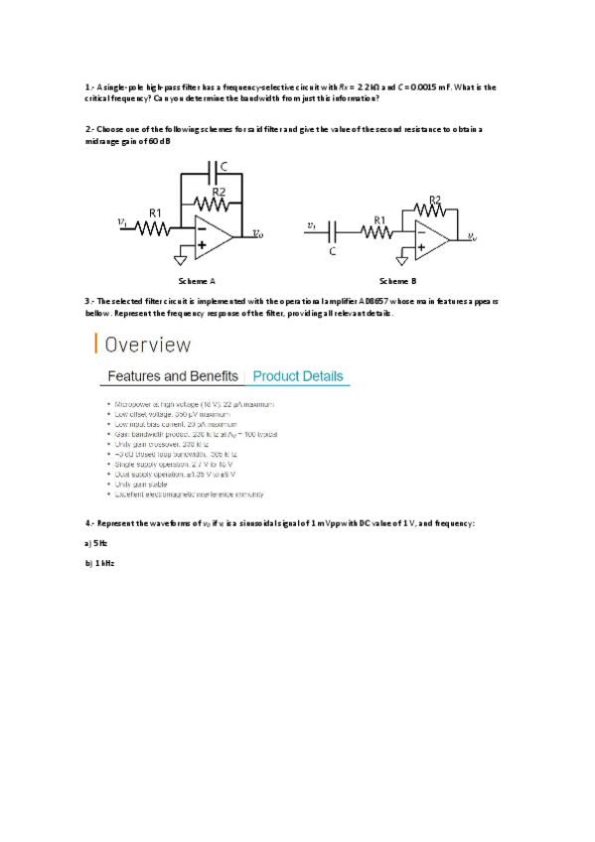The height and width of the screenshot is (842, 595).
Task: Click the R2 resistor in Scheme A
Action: click(x=220, y=202)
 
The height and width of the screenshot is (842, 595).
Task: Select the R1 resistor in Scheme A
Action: click(x=155, y=227)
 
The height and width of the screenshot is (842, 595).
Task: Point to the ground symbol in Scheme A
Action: click(x=181, y=259)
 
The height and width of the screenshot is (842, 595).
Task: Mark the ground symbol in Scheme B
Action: click(x=402, y=260)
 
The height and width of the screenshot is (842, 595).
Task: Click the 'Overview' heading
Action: click(x=148, y=346)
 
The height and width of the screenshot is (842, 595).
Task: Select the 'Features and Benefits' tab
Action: click(x=172, y=376)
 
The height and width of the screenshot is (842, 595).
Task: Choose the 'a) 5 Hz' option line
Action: click(x=96, y=544)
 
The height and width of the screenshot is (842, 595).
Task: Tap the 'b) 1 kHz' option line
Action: click(x=100, y=563)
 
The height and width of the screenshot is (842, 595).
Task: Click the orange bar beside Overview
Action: click(x=96, y=345)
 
